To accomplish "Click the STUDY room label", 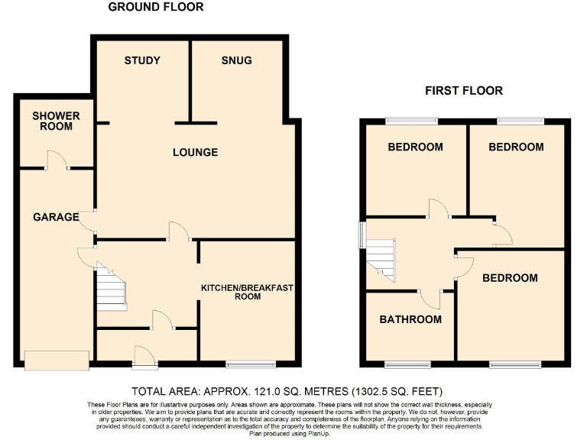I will click(142, 60).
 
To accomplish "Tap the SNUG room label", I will click(236, 60).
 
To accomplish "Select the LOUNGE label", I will click(195, 152).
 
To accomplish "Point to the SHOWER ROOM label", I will click(56, 121).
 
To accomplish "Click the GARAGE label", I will click(56, 217).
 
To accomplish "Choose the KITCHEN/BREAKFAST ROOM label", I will click(247, 292).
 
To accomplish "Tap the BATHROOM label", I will click(410, 319).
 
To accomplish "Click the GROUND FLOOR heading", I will click(156, 8).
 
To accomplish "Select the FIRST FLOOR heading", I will click(464, 90).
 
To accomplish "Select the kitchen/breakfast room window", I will click(251, 362).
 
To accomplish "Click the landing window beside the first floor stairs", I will click(363, 235).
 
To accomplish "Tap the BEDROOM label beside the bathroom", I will click(509, 278).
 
